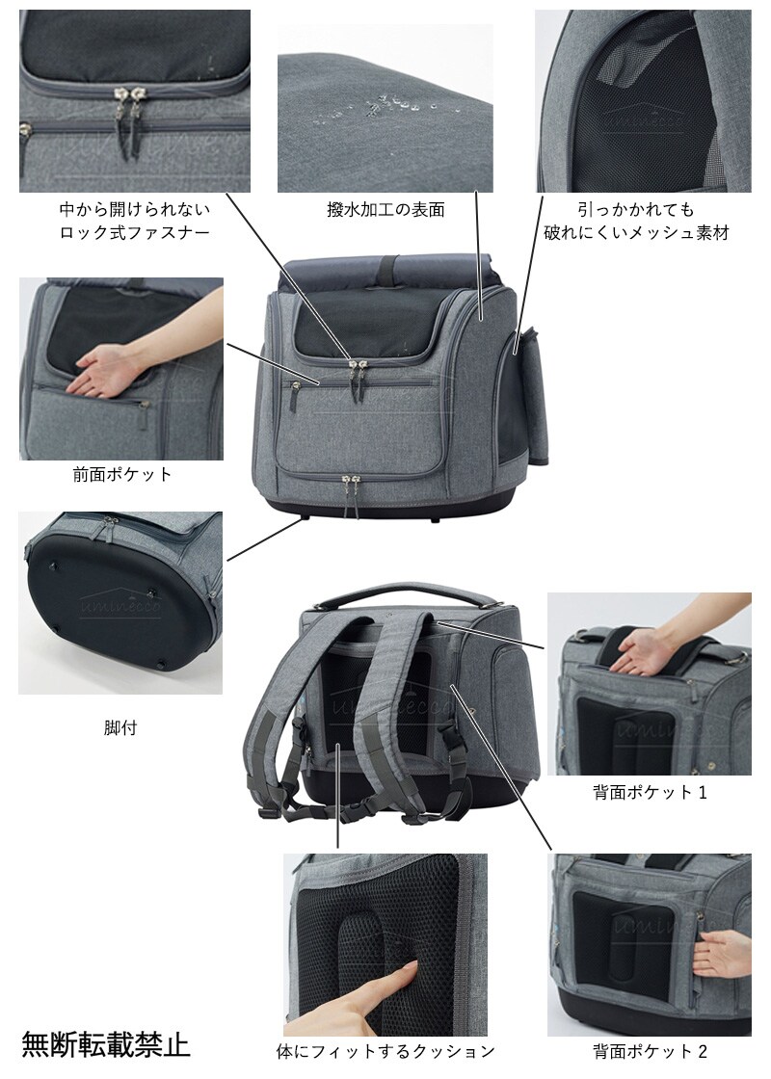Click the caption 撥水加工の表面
pos(385,209)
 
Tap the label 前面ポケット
pos(121,474)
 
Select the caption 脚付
pos(120,727)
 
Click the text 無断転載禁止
pos(106,1044)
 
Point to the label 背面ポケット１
pos(650,792)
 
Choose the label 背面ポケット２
pos(650,1051)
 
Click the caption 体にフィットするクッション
pos(385,1051)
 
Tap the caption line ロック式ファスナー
pos(134,232)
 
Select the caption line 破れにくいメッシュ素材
pos(636,232)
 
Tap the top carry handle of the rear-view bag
pos(416,594)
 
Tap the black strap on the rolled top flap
pos(390,266)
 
